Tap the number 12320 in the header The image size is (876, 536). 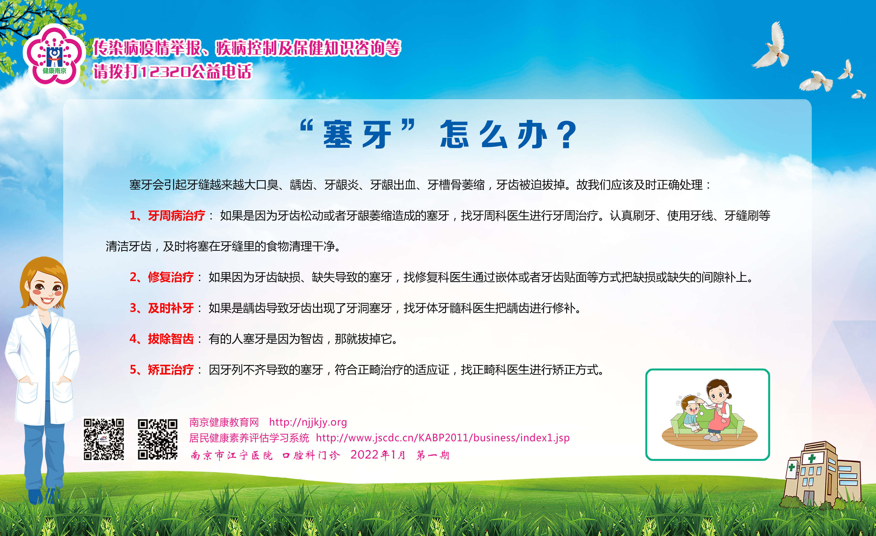pyautogui.click(x=165, y=72)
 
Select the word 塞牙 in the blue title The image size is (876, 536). pyautogui.click(x=357, y=135)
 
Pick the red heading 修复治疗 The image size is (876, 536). pyautogui.click(x=171, y=277)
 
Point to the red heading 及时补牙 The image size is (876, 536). pyautogui.click(x=171, y=308)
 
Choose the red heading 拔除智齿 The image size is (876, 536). pyautogui.click(x=171, y=339)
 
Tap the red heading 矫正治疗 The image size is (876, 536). pyautogui.click(x=171, y=370)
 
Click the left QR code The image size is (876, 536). pyautogui.click(x=104, y=439)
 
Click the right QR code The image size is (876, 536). pyautogui.click(x=157, y=439)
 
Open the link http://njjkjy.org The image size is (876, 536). pyautogui.click(x=308, y=422)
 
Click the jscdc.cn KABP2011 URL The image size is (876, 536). pyautogui.click(x=443, y=438)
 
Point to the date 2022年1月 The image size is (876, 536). pyautogui.click(x=378, y=455)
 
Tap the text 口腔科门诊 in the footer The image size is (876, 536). pyautogui.click(x=311, y=455)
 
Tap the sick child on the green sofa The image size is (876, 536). pyautogui.click(x=690, y=413)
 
